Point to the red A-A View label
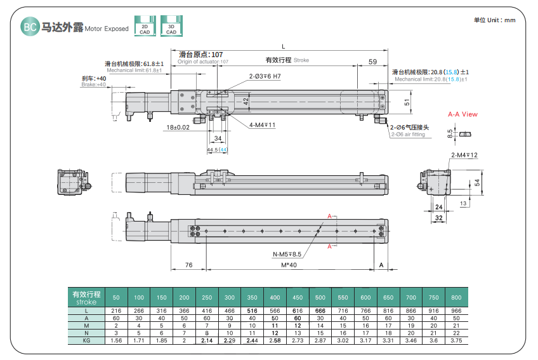(x=463, y=114)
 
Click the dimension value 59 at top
(x=372, y=62)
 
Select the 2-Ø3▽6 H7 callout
(x=264, y=77)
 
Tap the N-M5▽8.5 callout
(x=287, y=255)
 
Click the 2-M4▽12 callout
(x=464, y=156)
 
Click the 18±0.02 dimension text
(x=178, y=128)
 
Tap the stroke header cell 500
(x=320, y=297)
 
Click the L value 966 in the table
(x=456, y=310)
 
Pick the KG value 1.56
(x=116, y=341)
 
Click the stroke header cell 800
(x=456, y=297)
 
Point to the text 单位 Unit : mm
(x=495, y=20)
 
